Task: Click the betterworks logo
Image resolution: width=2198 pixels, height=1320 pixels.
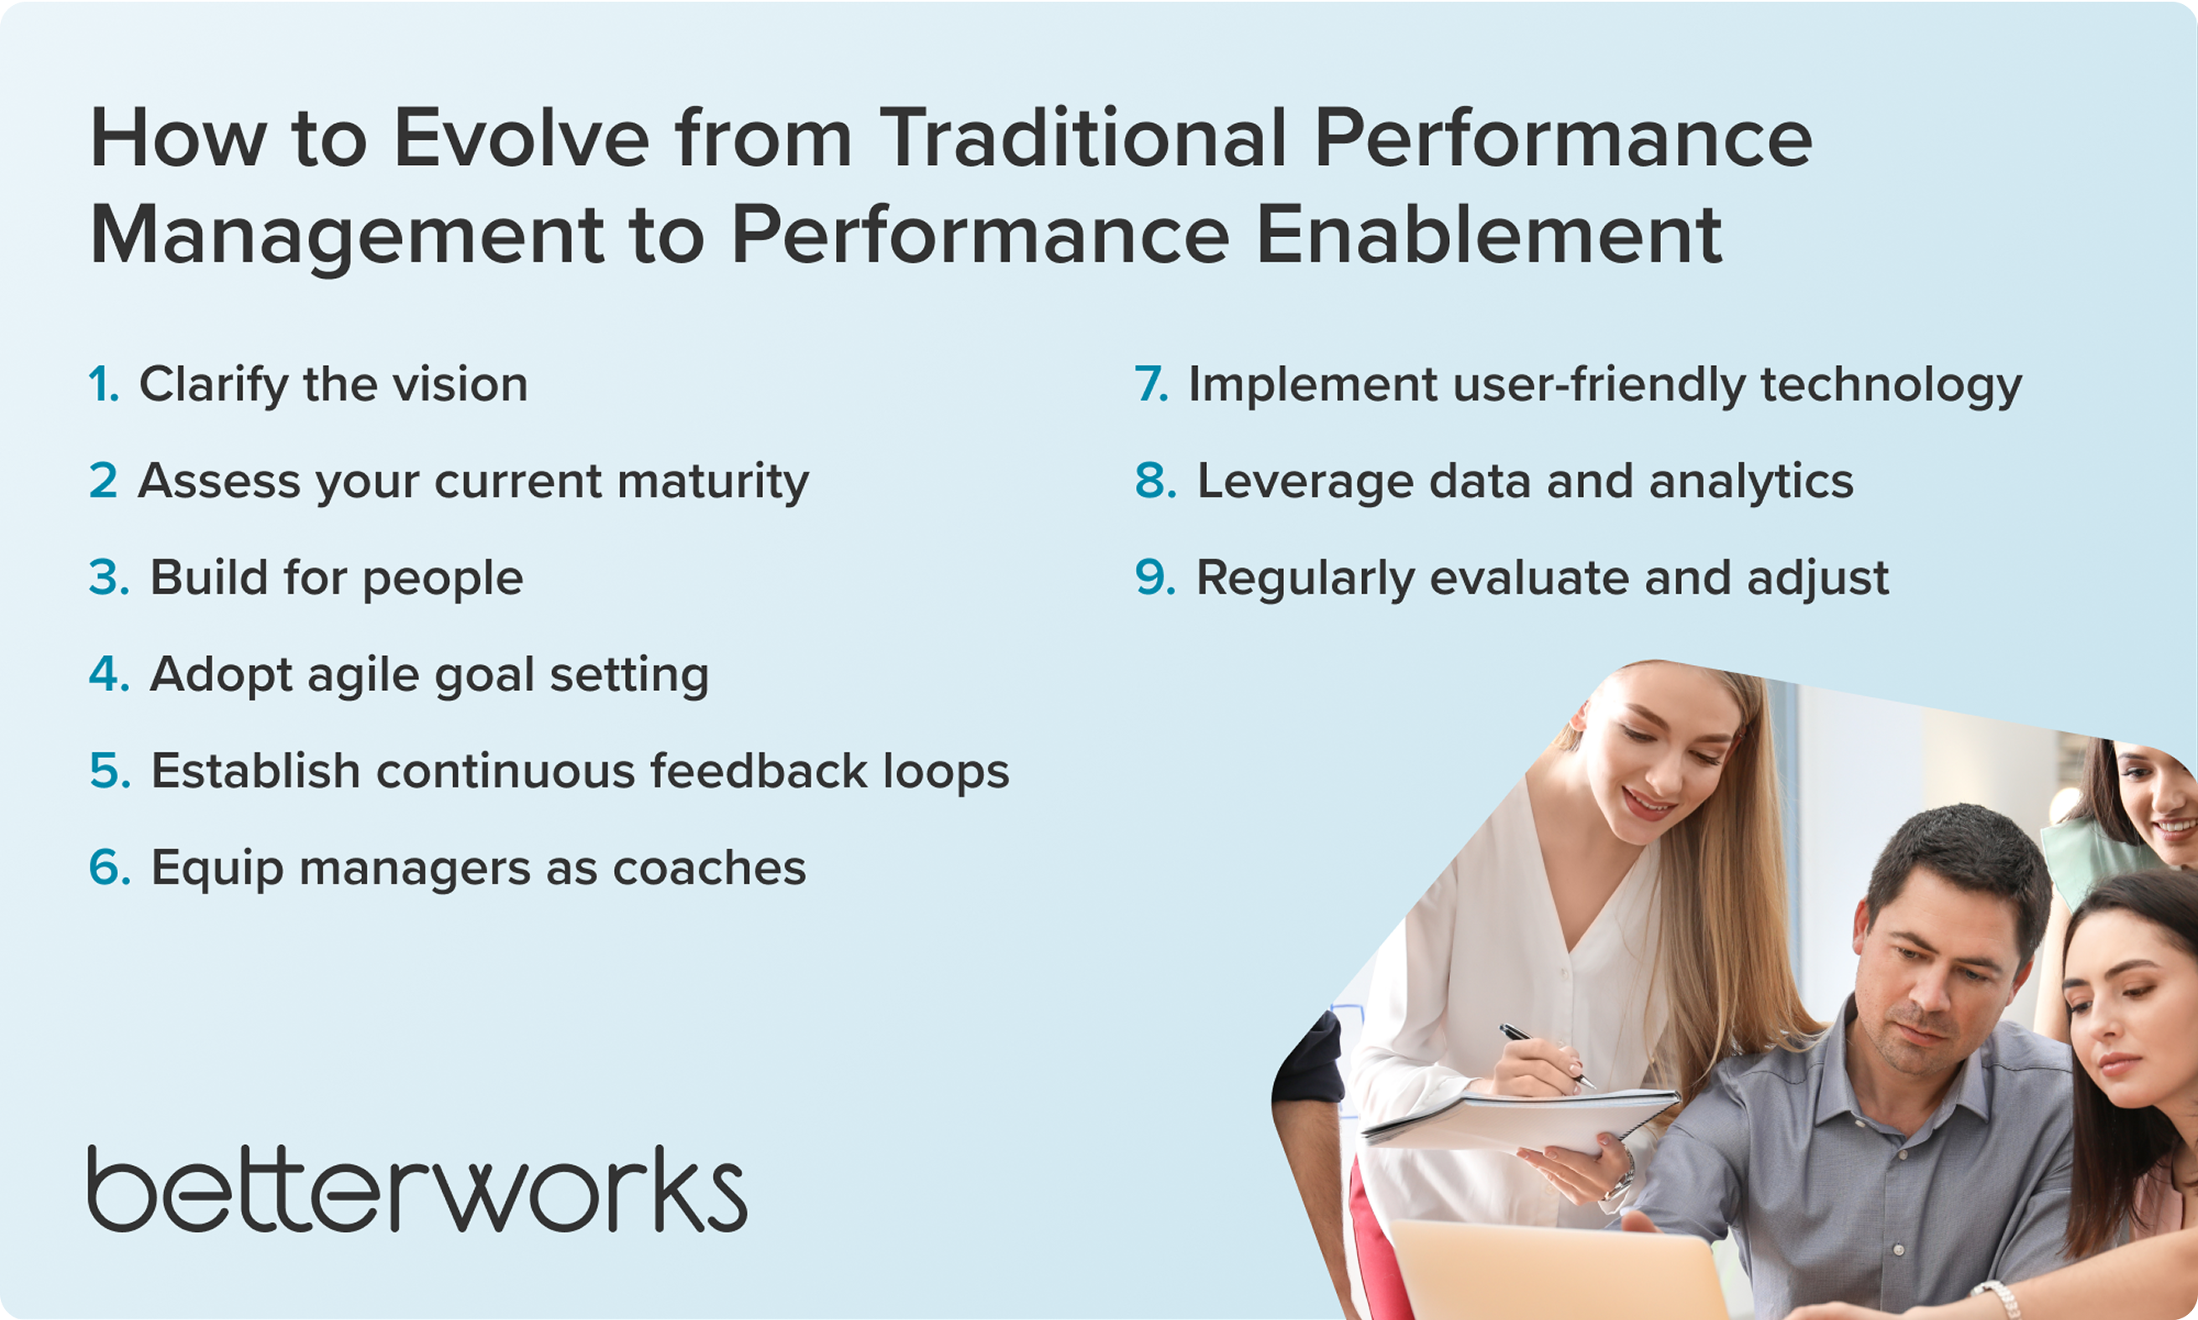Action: coord(417,1189)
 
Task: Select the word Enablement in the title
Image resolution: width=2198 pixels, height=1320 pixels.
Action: coord(1489,235)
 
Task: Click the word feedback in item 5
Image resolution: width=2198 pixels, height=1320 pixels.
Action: coord(759,771)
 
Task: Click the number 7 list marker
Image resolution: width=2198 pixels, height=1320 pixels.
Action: coord(1151,384)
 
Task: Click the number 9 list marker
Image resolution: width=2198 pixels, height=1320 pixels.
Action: coord(1155,577)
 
